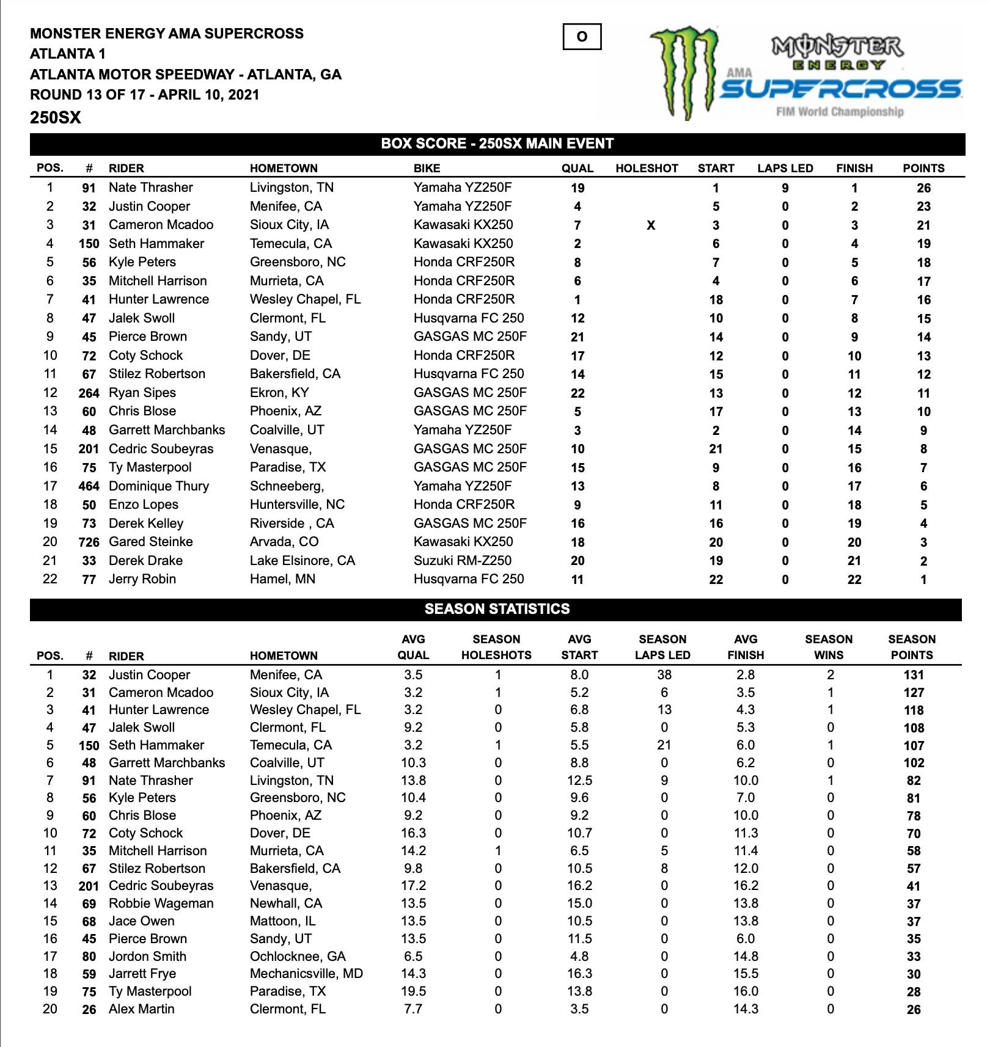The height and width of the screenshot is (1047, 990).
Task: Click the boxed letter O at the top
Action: click(x=581, y=37)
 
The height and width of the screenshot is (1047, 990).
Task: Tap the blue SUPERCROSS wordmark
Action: click(x=841, y=89)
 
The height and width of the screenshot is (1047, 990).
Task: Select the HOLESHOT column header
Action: click(x=647, y=169)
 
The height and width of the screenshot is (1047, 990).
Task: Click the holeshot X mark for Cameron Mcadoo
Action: click(x=651, y=225)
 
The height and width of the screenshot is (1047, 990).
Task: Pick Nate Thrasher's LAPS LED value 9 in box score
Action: click(x=785, y=188)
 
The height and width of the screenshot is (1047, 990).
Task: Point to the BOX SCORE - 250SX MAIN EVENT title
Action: click(x=497, y=144)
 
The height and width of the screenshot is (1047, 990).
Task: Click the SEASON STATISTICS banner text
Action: click(x=497, y=609)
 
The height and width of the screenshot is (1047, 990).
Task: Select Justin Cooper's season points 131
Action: click(x=914, y=675)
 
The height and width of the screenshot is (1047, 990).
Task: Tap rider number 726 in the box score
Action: click(x=89, y=542)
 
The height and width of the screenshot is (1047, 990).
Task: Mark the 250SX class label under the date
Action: click(x=56, y=118)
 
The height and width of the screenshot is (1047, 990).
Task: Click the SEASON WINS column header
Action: click(x=828, y=647)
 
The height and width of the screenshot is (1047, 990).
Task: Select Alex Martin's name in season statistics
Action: click(x=141, y=1009)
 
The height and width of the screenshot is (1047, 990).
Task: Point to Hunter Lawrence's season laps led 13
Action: click(x=664, y=710)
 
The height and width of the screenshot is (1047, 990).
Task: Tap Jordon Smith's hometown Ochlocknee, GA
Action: click(x=298, y=957)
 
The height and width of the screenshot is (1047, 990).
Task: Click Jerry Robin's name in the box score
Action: click(x=142, y=579)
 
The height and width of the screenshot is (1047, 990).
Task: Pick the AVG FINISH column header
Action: click(x=745, y=647)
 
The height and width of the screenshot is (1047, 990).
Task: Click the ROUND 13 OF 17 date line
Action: click(x=145, y=95)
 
